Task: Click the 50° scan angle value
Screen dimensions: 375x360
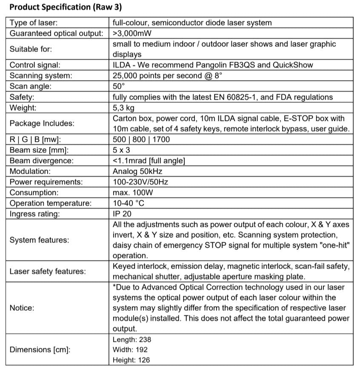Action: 118,86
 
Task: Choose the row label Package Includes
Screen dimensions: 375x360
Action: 42,123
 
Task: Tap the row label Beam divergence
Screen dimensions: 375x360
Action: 41,161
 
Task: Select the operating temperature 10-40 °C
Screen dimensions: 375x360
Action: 129,203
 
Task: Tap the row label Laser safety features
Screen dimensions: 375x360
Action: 47,271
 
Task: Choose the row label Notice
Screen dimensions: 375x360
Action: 21,307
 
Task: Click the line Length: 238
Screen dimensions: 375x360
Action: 132,340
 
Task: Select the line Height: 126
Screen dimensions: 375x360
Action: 131,360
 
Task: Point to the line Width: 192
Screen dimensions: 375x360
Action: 131,350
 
